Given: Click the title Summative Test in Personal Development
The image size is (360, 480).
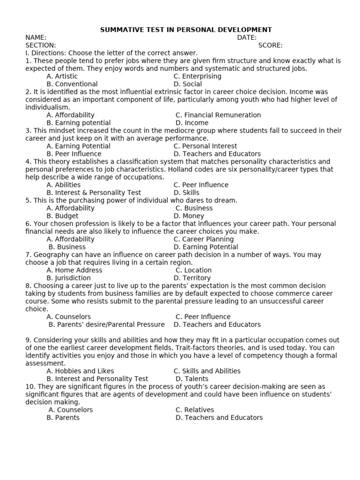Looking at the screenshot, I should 186,30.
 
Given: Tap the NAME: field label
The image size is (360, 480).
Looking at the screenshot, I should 36,37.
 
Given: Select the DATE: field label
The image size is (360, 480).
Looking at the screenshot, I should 247,37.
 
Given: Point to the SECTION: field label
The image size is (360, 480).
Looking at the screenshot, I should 40,45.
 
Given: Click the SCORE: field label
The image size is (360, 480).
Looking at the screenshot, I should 270,45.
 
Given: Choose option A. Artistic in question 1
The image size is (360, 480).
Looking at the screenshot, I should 62,76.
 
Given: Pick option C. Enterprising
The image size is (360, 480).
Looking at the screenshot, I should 197,76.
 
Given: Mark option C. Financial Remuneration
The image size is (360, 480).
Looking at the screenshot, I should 218,115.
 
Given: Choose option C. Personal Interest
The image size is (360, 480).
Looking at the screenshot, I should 205,146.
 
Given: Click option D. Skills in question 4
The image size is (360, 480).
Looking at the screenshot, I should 186,193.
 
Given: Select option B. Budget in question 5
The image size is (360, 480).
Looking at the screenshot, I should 62,216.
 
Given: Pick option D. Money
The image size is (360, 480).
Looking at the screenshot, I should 189,216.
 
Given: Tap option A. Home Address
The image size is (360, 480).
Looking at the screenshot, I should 74,270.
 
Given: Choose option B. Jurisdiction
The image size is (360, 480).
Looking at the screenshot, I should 69,278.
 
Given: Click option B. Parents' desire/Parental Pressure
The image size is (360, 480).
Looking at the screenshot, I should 107,324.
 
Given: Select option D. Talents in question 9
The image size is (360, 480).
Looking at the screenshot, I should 192,379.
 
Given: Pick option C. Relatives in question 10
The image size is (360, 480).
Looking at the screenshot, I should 195,410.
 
